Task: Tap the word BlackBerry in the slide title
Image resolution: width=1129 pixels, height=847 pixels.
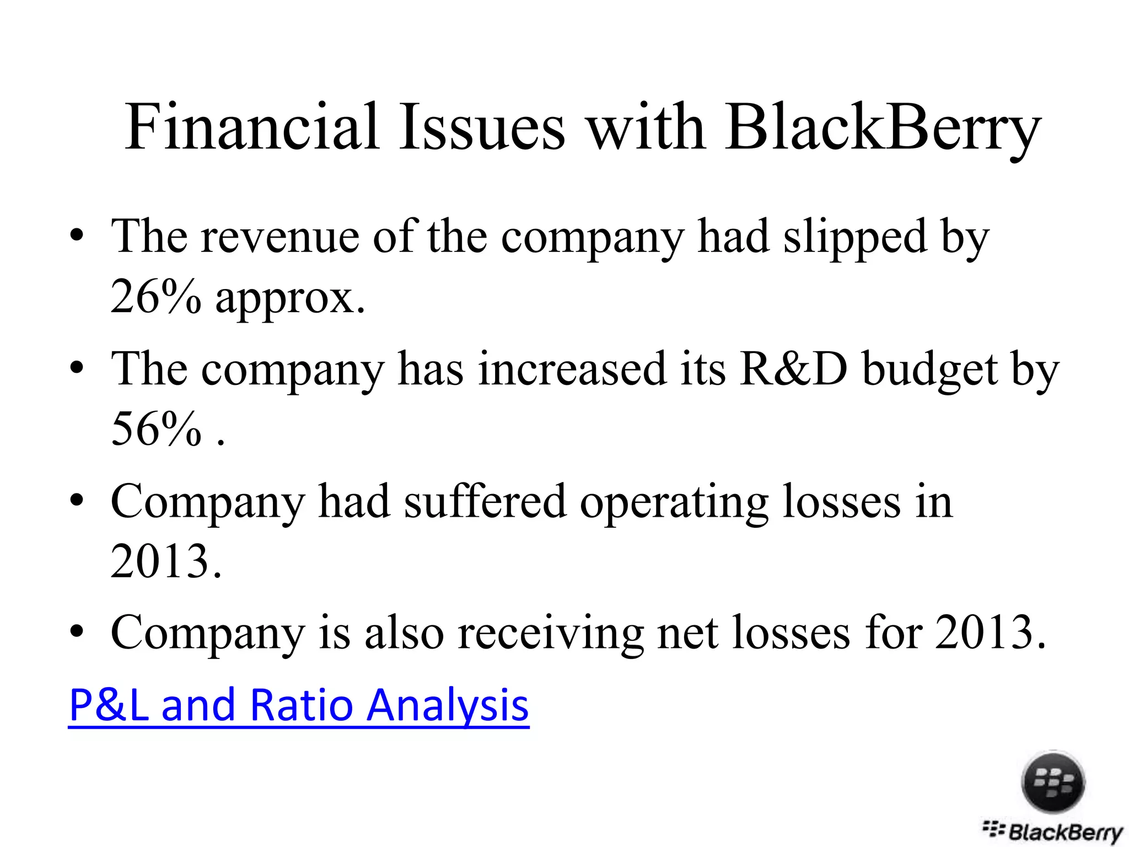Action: pos(883,128)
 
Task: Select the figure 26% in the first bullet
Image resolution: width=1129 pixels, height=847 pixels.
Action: pos(156,296)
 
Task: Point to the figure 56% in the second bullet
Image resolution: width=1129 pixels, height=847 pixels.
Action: pos(156,428)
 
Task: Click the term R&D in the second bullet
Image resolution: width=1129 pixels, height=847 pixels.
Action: pos(793,368)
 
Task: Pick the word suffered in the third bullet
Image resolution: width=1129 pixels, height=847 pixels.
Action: pos(485,501)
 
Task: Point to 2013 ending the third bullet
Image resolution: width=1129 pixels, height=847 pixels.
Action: pos(160,561)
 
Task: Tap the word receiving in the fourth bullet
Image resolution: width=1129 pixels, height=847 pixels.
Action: pos(550,633)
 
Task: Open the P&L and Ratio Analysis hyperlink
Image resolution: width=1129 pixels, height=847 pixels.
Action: pos(299,705)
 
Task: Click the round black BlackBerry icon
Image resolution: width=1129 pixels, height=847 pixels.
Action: pos(1053,782)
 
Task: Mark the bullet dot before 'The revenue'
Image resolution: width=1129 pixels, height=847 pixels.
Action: pos(77,236)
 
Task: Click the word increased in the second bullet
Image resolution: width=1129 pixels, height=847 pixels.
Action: pos(572,368)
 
